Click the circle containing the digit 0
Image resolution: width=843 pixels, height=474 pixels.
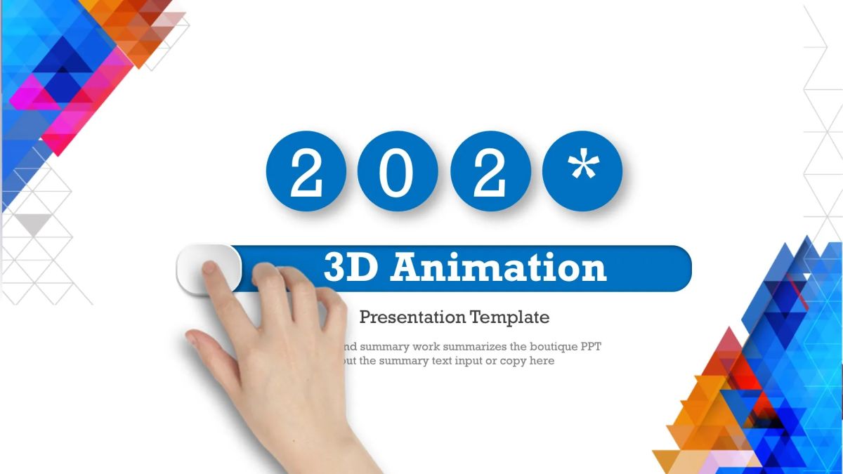[x=398, y=171]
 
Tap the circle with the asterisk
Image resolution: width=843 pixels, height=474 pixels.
[x=583, y=171]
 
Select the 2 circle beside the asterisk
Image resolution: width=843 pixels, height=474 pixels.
[x=490, y=171]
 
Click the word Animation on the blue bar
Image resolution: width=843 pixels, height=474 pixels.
[x=499, y=268]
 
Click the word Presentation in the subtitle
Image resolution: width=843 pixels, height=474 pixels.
[x=412, y=317]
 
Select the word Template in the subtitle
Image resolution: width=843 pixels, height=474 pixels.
[x=510, y=317]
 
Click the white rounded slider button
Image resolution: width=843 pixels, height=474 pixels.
[x=209, y=268]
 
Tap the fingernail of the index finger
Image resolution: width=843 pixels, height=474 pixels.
[x=210, y=267]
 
